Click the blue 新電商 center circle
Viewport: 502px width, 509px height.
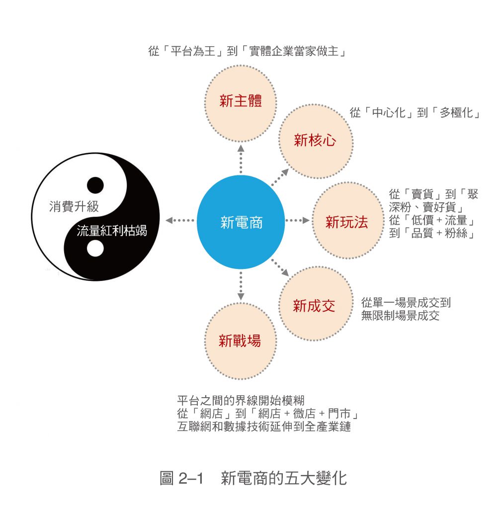241,222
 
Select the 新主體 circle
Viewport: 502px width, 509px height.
241,103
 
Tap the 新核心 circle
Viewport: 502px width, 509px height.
316,141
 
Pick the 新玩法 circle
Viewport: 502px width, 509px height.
347,220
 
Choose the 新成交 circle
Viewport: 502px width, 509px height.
316,304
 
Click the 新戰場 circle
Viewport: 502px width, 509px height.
241,341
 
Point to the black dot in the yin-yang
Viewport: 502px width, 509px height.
95,185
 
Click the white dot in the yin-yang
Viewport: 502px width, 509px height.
95,249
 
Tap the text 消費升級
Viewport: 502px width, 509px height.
74,206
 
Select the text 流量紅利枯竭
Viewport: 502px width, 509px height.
112,231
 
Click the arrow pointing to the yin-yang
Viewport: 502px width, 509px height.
180,220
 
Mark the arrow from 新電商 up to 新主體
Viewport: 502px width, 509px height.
241,159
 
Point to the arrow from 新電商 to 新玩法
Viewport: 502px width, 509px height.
297,220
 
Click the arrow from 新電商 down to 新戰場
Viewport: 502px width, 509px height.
241,286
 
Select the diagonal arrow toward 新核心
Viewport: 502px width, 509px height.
280,177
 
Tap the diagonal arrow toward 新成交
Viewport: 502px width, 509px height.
280,267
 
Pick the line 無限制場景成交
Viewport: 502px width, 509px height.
401,316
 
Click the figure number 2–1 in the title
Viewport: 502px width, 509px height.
191,478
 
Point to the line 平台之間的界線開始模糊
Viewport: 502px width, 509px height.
241,400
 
